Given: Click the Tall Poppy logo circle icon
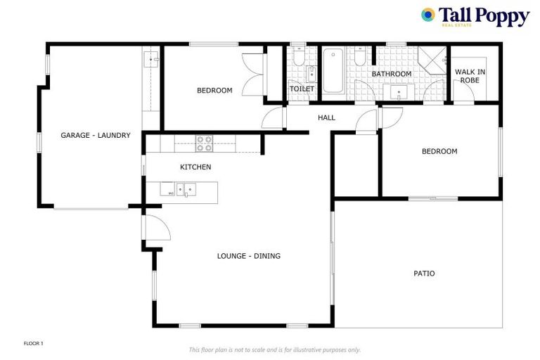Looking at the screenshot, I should [x=427, y=15].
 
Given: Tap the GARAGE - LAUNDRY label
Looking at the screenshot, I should [x=95, y=136].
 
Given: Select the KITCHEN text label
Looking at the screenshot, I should [x=195, y=167].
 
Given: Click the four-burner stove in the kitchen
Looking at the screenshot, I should [x=204, y=143].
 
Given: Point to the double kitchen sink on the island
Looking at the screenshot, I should [x=184, y=189].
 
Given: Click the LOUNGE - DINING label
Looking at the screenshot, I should [x=248, y=256].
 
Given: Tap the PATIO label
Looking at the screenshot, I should [x=423, y=274].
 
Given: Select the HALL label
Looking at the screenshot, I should [x=326, y=118].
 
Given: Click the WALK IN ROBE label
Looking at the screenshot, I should [x=470, y=76].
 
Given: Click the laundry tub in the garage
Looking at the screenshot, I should [x=150, y=60].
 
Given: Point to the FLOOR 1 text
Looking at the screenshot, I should [x=34, y=343].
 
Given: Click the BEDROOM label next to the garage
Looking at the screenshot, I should [x=214, y=90].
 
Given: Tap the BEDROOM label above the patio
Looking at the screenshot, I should [x=439, y=151].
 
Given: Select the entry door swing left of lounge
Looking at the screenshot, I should [x=155, y=229].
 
